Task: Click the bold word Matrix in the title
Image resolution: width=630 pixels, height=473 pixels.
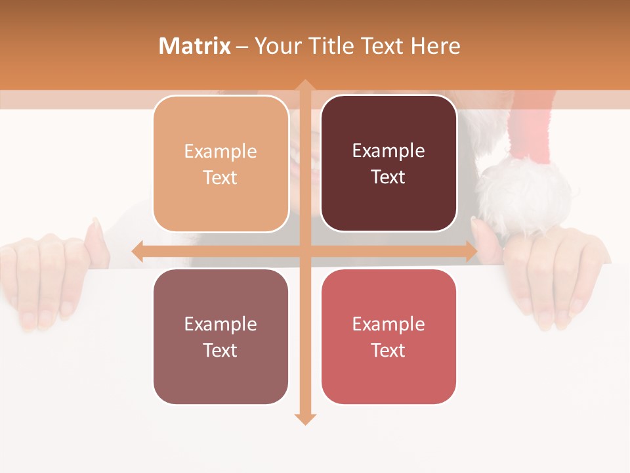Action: (x=195, y=45)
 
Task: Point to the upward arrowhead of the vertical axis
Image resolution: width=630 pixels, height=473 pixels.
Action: (x=304, y=85)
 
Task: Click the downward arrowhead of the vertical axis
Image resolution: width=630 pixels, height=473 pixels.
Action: (x=304, y=418)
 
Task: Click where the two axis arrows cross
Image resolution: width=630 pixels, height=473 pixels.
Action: (x=304, y=252)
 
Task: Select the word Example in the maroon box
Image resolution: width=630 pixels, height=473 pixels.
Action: (x=388, y=151)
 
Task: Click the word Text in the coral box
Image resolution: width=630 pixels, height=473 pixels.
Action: (x=388, y=350)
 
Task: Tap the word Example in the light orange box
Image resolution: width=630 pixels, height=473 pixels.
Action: (x=220, y=152)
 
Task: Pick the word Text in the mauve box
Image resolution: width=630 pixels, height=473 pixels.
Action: (x=220, y=350)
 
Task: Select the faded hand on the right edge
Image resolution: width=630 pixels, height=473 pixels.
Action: (x=558, y=276)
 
